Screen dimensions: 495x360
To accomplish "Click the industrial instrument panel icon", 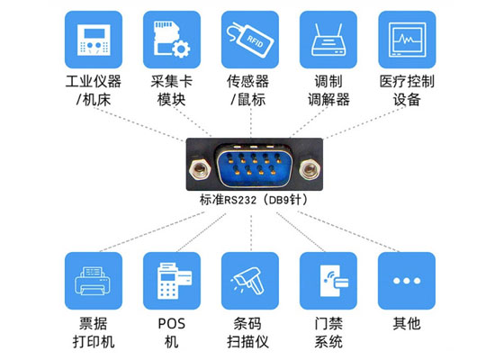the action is [x=94, y=40].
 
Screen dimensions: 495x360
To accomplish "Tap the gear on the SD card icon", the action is [x=181, y=49].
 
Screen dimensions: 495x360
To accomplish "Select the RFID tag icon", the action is [x=250, y=40].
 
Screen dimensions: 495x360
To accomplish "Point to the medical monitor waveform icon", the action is [x=407, y=40].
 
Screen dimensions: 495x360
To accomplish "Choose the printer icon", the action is [x=94, y=281].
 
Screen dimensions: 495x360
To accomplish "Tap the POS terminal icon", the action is [x=174, y=281].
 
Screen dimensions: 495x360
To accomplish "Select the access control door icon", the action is [x=333, y=281].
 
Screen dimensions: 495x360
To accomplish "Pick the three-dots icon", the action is [x=407, y=281].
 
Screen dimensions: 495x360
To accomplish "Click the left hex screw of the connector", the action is [x=199, y=168].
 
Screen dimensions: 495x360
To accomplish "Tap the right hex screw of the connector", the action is [x=310, y=168].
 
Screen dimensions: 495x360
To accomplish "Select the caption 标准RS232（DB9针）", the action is [x=254, y=200].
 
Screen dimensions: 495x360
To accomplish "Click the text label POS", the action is [x=171, y=324].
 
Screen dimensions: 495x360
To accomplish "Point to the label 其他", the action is [x=407, y=324].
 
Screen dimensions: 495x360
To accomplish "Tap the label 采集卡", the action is [x=171, y=82].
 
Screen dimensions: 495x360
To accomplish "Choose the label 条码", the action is [x=247, y=324].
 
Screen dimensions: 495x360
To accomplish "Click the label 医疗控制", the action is [x=407, y=82].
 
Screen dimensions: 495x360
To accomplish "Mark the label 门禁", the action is [x=328, y=324].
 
